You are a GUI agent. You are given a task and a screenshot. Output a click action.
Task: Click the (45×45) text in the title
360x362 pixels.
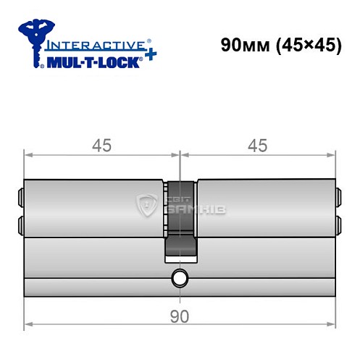299,45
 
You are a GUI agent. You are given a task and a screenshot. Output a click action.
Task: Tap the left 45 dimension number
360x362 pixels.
102,145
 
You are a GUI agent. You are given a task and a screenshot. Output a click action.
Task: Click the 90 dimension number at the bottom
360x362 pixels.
179,316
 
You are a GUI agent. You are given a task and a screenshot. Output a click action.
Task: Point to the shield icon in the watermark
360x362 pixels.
148,207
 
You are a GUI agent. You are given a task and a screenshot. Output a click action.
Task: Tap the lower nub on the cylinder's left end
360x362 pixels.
20,222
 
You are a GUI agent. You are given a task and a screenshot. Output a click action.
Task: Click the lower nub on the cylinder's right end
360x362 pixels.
338,222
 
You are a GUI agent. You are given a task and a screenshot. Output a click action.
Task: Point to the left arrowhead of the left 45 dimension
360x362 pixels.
28,154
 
